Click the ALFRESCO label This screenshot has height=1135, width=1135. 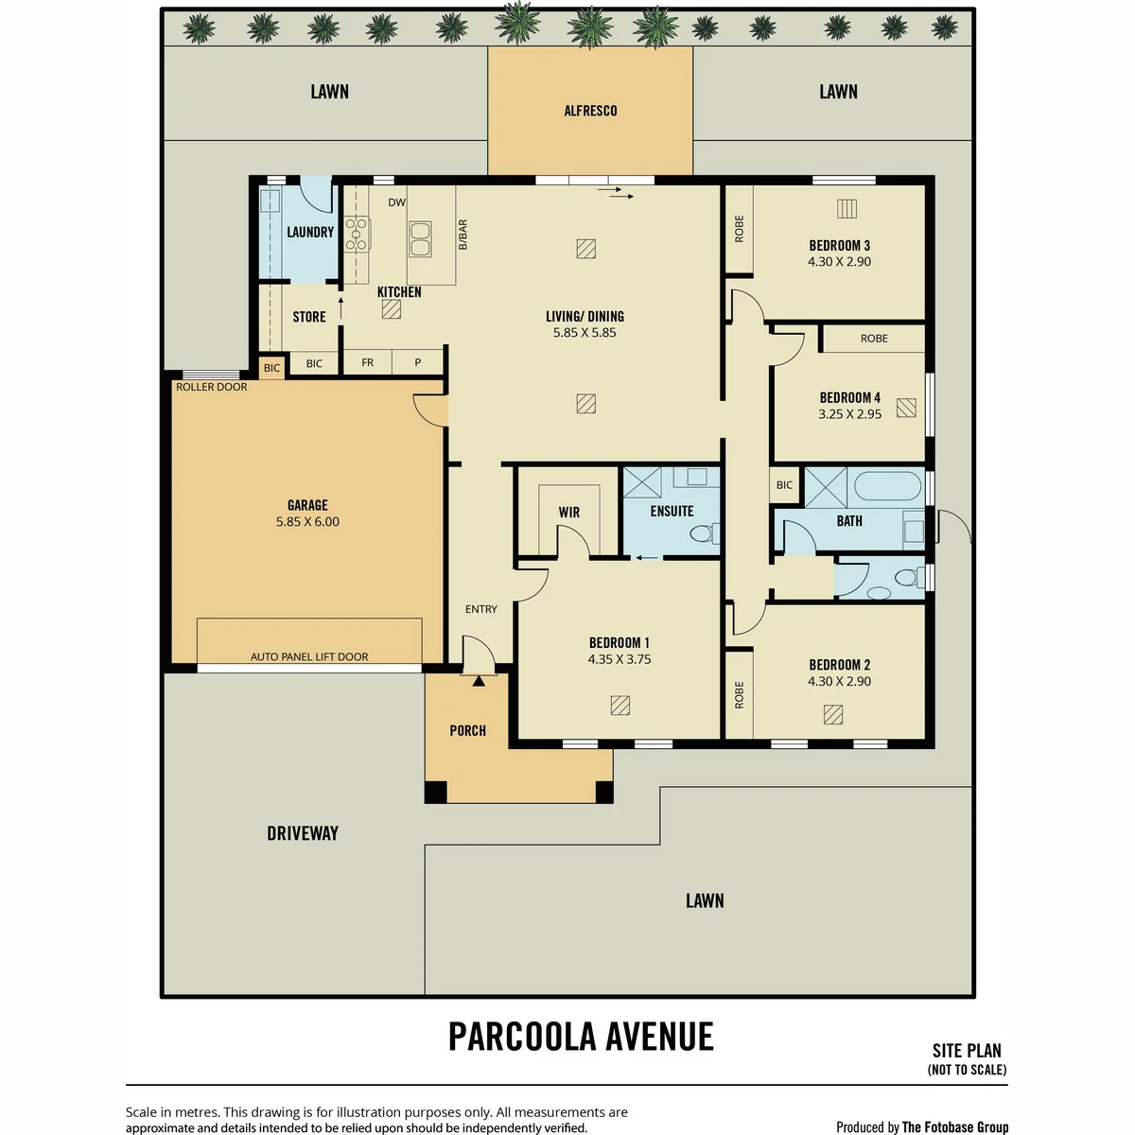[590, 111]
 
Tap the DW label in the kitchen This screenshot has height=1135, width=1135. [396, 202]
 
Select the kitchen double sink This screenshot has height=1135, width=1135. [420, 239]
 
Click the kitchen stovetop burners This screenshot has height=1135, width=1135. [357, 234]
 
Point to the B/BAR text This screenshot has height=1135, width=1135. [463, 235]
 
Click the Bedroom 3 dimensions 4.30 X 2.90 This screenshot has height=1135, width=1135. [839, 261]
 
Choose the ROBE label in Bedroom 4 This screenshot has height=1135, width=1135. [874, 339]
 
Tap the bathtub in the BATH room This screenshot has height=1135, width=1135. [886, 486]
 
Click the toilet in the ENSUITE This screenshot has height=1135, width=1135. [705, 533]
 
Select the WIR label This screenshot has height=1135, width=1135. [569, 513]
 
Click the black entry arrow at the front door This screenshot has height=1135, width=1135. [479, 681]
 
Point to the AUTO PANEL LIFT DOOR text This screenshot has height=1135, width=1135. [309, 656]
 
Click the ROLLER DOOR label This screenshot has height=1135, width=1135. [212, 387]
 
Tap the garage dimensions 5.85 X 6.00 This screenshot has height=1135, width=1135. [307, 521]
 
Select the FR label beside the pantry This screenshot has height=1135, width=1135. [368, 363]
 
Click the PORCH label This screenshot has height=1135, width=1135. [467, 731]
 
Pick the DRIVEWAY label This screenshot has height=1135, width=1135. [303, 833]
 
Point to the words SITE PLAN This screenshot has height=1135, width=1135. [967, 1051]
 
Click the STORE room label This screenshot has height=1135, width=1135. [309, 317]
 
